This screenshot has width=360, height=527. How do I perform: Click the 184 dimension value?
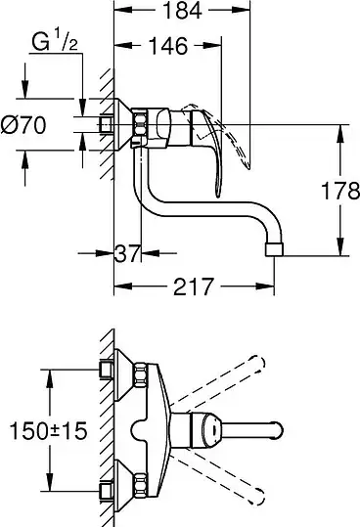click(x=182, y=10)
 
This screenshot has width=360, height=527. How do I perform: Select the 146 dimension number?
click(x=168, y=46)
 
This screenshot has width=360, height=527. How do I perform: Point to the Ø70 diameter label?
click(x=23, y=125)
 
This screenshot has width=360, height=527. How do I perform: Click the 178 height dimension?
click(x=340, y=191)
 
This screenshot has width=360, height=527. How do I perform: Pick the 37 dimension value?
click(x=127, y=253)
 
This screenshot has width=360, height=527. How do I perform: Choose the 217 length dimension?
click(x=194, y=286)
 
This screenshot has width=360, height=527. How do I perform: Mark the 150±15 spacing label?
click(x=48, y=431)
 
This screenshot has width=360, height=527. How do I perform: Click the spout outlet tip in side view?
click(x=275, y=249)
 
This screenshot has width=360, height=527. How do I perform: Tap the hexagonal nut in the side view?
click(x=140, y=125)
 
